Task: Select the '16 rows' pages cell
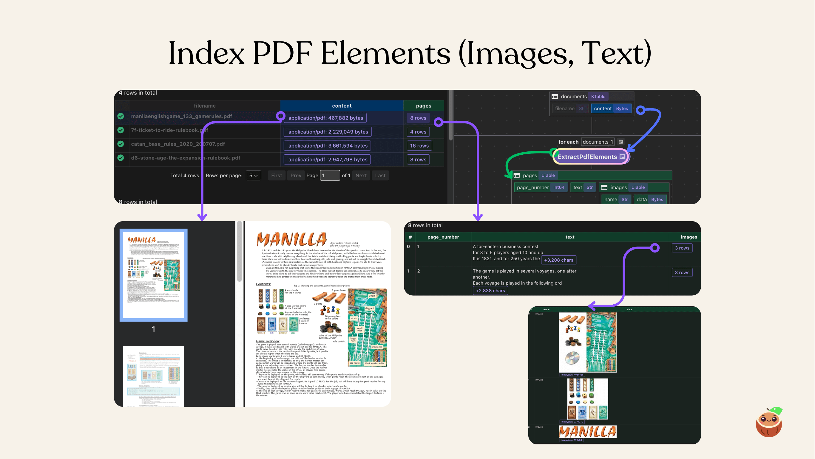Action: point(419,146)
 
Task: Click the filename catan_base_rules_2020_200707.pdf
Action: point(178,144)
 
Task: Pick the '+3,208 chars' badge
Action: point(558,260)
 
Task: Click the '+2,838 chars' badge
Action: point(490,291)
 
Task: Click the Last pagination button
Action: point(380,176)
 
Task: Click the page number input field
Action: point(330,176)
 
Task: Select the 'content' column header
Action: point(342,106)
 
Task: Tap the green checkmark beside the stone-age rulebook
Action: point(121,158)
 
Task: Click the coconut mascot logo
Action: point(769,422)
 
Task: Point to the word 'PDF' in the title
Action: point(282,53)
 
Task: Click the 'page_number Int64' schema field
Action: point(540,187)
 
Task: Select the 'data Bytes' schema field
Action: point(649,199)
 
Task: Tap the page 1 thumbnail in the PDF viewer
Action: point(153,275)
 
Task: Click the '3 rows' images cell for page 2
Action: point(682,272)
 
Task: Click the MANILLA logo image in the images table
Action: point(587,432)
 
